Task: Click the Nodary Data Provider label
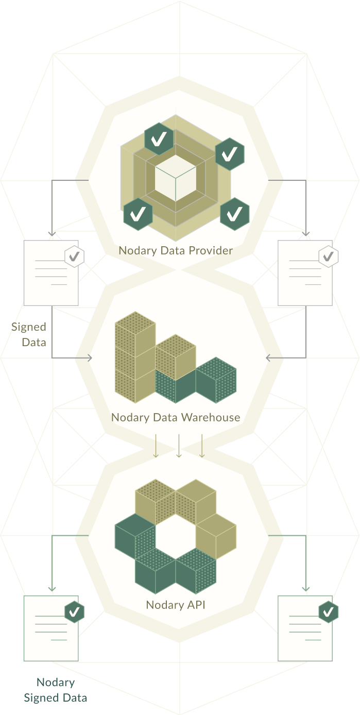pos(176,251)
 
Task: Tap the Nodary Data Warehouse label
pos(176,417)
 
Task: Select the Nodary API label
pos(176,605)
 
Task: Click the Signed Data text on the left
pos(30,334)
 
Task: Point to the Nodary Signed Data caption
pos(56,690)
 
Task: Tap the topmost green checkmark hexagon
pos(159,138)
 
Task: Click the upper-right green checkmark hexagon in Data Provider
pos(230,154)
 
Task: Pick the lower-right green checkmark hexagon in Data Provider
pos(235,213)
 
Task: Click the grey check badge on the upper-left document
pos(74,256)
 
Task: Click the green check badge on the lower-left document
pos(74,611)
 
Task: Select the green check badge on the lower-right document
pos(329,611)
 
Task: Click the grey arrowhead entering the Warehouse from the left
pos(90,358)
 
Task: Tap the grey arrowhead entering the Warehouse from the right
pos(268,357)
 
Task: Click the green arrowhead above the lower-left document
pos(52,588)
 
